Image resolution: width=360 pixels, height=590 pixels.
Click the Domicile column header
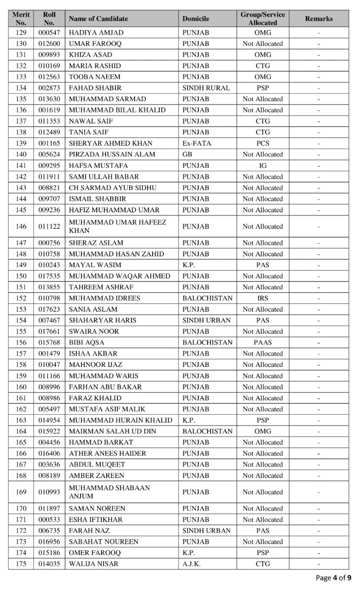coord(196,19)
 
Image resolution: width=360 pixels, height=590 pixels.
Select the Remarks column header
coord(319,19)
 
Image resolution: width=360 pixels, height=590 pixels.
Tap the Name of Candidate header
coord(98,19)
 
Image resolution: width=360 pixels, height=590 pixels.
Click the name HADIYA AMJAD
coord(96,33)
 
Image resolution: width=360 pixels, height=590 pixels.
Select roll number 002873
coord(49,88)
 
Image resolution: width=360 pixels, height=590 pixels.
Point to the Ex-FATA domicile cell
coord(197,143)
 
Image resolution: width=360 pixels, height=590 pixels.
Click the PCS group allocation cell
coord(263,143)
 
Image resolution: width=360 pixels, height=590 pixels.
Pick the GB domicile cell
coord(187,154)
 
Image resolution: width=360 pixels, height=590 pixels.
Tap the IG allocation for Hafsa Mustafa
coord(263,165)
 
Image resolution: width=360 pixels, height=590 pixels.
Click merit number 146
coord(21,227)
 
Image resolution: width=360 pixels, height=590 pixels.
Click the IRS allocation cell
coord(263,298)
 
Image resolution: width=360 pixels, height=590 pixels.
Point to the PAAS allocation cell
coord(263,342)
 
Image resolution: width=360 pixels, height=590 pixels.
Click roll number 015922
coord(49,431)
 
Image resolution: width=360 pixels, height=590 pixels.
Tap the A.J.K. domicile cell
coord(192,564)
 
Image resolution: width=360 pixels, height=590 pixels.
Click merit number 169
coord(21,492)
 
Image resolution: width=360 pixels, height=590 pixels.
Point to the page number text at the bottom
coord(333,578)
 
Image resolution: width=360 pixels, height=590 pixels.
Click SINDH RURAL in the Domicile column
coord(206,88)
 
